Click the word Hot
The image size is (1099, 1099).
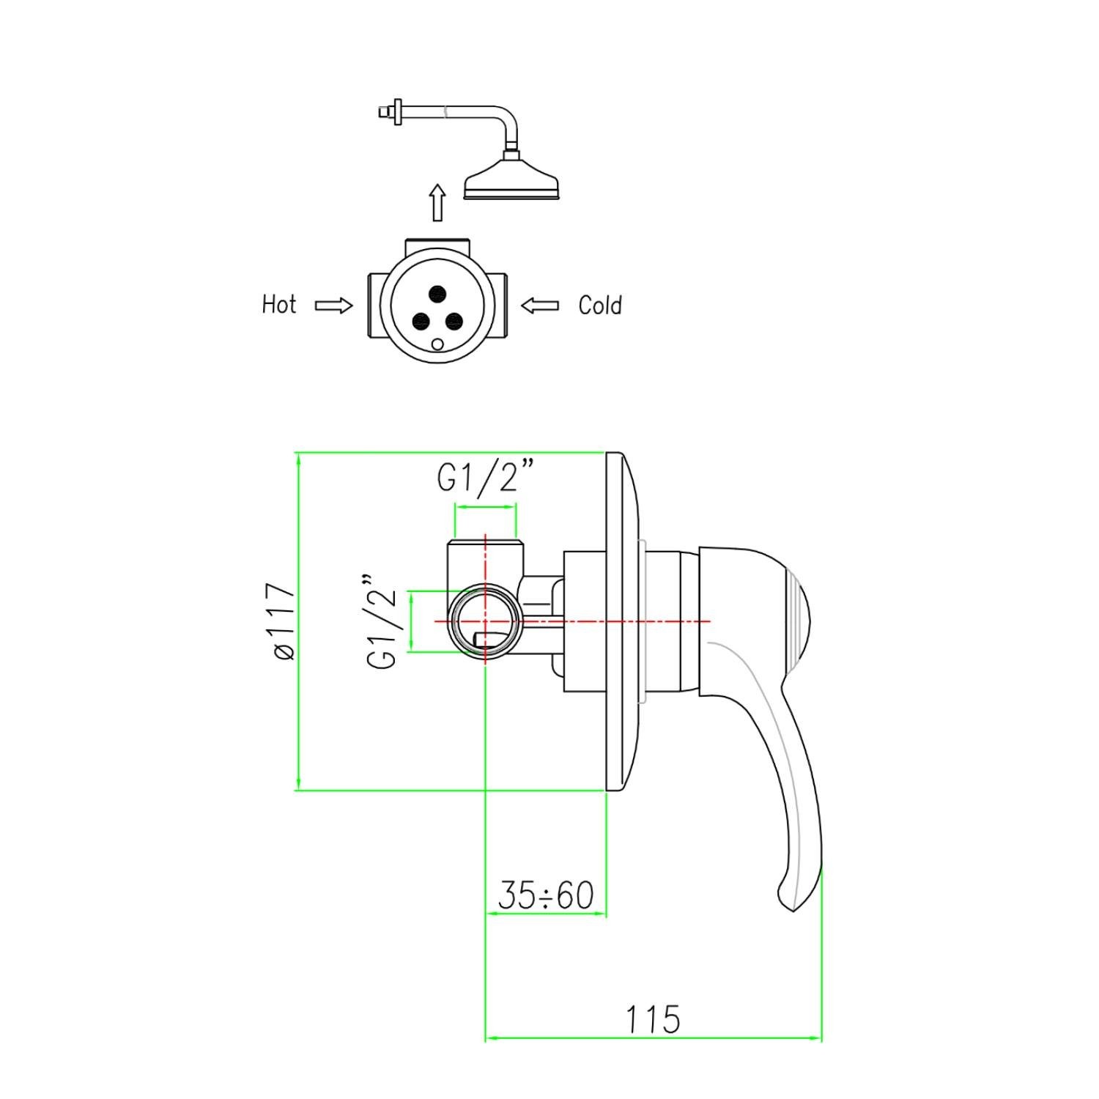tap(279, 305)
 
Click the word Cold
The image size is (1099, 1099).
tap(600, 305)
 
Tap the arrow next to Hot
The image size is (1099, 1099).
tap(333, 306)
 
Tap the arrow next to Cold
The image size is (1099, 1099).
tap(540, 306)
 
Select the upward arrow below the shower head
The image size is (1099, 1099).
tap(437, 202)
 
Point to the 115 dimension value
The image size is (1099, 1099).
tap(652, 1019)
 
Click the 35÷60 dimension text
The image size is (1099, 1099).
tap(546, 895)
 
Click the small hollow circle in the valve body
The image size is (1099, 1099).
tap(438, 344)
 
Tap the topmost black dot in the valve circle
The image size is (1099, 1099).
tap(437, 295)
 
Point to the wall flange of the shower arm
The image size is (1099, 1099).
tap(398, 111)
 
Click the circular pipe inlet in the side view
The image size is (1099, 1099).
tap(485, 621)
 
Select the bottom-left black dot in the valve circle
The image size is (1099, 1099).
tap(421, 320)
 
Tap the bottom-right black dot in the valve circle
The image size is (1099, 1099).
tap(454, 320)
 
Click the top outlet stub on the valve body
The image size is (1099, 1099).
tap(437, 244)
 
